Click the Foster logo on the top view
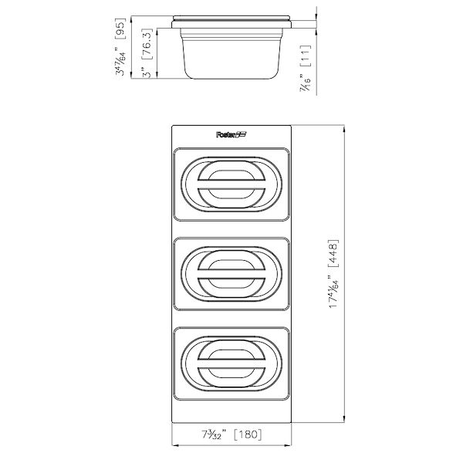tap(230, 134)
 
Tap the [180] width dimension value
tap(246, 434)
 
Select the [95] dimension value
tap(120, 30)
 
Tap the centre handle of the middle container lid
tap(230, 273)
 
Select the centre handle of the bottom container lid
tap(230, 361)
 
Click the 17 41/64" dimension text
tap(333, 292)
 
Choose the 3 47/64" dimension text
tap(120, 62)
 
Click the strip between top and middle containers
tap(230, 230)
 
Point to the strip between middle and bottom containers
tap(230, 318)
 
